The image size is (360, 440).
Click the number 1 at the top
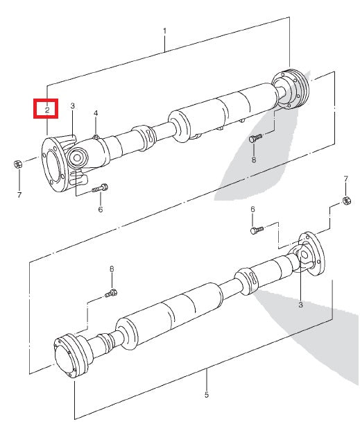click(x=164, y=31)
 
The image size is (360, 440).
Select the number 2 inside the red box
click(x=46, y=110)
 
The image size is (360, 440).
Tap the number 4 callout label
click(x=96, y=113)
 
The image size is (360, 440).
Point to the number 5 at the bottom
click(x=207, y=396)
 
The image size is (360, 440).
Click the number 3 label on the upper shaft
click(x=72, y=105)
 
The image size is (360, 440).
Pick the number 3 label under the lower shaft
click(x=300, y=305)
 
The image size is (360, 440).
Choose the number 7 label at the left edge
click(x=19, y=195)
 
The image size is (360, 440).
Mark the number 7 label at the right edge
click(x=345, y=180)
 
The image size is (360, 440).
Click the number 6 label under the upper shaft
click(x=100, y=209)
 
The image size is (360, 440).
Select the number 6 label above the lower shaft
click(x=252, y=209)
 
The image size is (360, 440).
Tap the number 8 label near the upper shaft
click(x=253, y=160)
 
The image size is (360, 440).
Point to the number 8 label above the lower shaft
click(x=111, y=269)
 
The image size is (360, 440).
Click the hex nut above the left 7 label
click(x=19, y=165)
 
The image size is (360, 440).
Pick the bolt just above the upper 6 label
click(x=101, y=187)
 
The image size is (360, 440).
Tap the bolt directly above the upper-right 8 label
click(x=255, y=139)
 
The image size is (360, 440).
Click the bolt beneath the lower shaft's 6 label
click(x=256, y=228)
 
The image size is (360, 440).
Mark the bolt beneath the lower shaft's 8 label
click(x=110, y=293)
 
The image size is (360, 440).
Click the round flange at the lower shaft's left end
click(x=67, y=355)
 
